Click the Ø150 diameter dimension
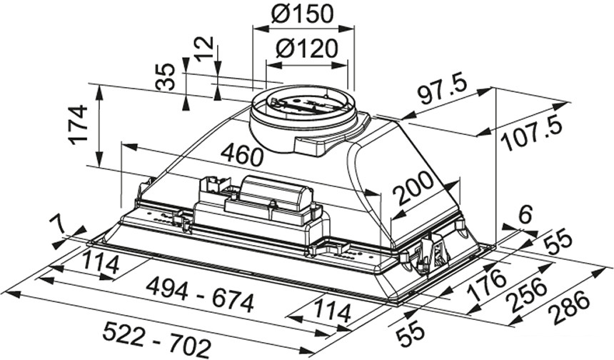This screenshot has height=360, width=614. pyautogui.click(x=304, y=14)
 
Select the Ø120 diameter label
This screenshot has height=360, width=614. pyautogui.click(x=307, y=49)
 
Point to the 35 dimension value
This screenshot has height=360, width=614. pyautogui.click(x=166, y=77)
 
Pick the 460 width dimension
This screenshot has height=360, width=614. pyautogui.click(x=241, y=154)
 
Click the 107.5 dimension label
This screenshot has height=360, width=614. pyautogui.click(x=530, y=134)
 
